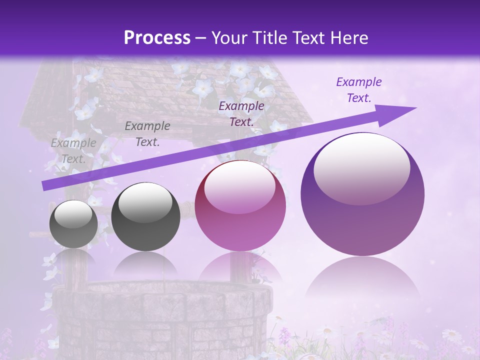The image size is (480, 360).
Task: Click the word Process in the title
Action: pyautogui.click(x=157, y=37)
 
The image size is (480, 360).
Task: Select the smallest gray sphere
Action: pyautogui.click(x=73, y=224)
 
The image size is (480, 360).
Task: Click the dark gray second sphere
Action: pyautogui.click(x=145, y=216)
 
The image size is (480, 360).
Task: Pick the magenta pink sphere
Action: pyautogui.click(x=240, y=205)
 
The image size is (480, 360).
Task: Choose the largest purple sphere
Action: pyautogui.click(x=362, y=194)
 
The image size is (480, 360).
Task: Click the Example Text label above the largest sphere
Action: pyautogui.click(x=358, y=90)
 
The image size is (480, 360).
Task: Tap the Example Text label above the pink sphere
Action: pyautogui.click(x=241, y=113)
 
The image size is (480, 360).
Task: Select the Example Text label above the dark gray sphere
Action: pyautogui.click(x=147, y=134)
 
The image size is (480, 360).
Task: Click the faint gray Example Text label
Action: pyautogui.click(x=73, y=151)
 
